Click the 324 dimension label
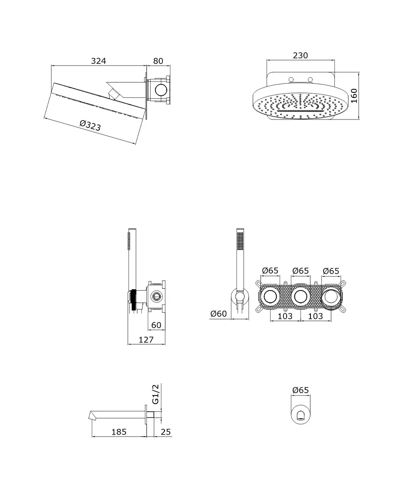tap(99, 61)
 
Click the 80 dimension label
tap(158, 61)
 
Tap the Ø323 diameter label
tap(90, 125)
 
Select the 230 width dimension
tap(300, 55)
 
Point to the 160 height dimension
tap(354, 96)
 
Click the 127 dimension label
tap(146, 340)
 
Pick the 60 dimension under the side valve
tap(156, 325)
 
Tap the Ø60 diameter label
tap(218, 313)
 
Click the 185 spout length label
tap(119, 432)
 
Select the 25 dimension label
tap(166, 432)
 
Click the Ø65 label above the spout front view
tap(300, 390)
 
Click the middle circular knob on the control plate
tap(300, 297)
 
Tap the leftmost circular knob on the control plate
tap(270, 297)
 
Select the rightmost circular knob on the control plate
tap(331, 297)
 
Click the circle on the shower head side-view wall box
tap(161, 90)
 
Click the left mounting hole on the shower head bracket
tap(291, 79)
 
